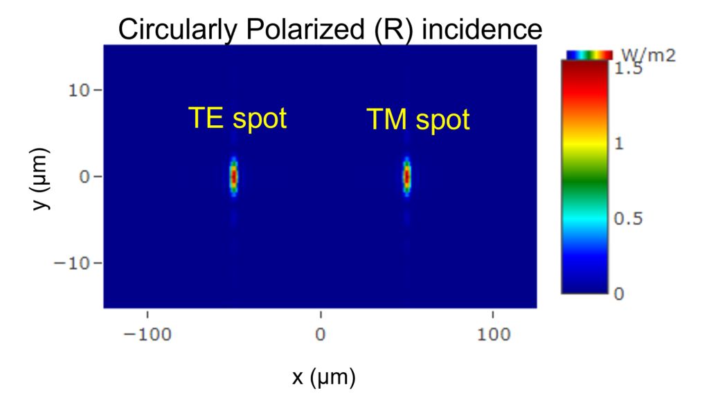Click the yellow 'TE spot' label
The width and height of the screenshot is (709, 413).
click(237, 118)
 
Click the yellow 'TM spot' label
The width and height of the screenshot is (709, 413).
click(418, 120)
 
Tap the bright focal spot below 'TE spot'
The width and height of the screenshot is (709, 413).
click(234, 176)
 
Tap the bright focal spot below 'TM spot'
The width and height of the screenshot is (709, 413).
click(407, 176)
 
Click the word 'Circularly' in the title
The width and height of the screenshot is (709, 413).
click(178, 30)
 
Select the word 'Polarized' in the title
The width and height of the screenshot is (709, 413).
click(305, 29)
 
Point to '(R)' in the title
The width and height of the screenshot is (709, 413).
click(393, 30)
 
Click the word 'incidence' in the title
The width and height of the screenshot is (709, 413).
click(482, 30)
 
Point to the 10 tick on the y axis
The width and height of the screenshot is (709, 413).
click(79, 91)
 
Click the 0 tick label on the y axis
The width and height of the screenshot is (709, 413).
click(84, 176)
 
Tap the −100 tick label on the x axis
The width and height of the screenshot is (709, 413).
click(147, 335)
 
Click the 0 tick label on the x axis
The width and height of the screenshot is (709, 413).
click(320, 335)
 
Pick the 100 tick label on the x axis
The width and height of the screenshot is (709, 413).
click(493, 335)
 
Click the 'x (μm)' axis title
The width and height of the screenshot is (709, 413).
click(324, 377)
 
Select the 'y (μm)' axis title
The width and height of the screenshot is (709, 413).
click(41, 179)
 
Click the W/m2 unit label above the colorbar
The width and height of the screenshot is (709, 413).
click(648, 55)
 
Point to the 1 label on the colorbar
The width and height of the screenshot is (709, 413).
click(618, 144)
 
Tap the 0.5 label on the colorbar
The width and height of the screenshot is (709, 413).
click(628, 219)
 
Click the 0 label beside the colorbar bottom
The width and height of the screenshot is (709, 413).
click(619, 294)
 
